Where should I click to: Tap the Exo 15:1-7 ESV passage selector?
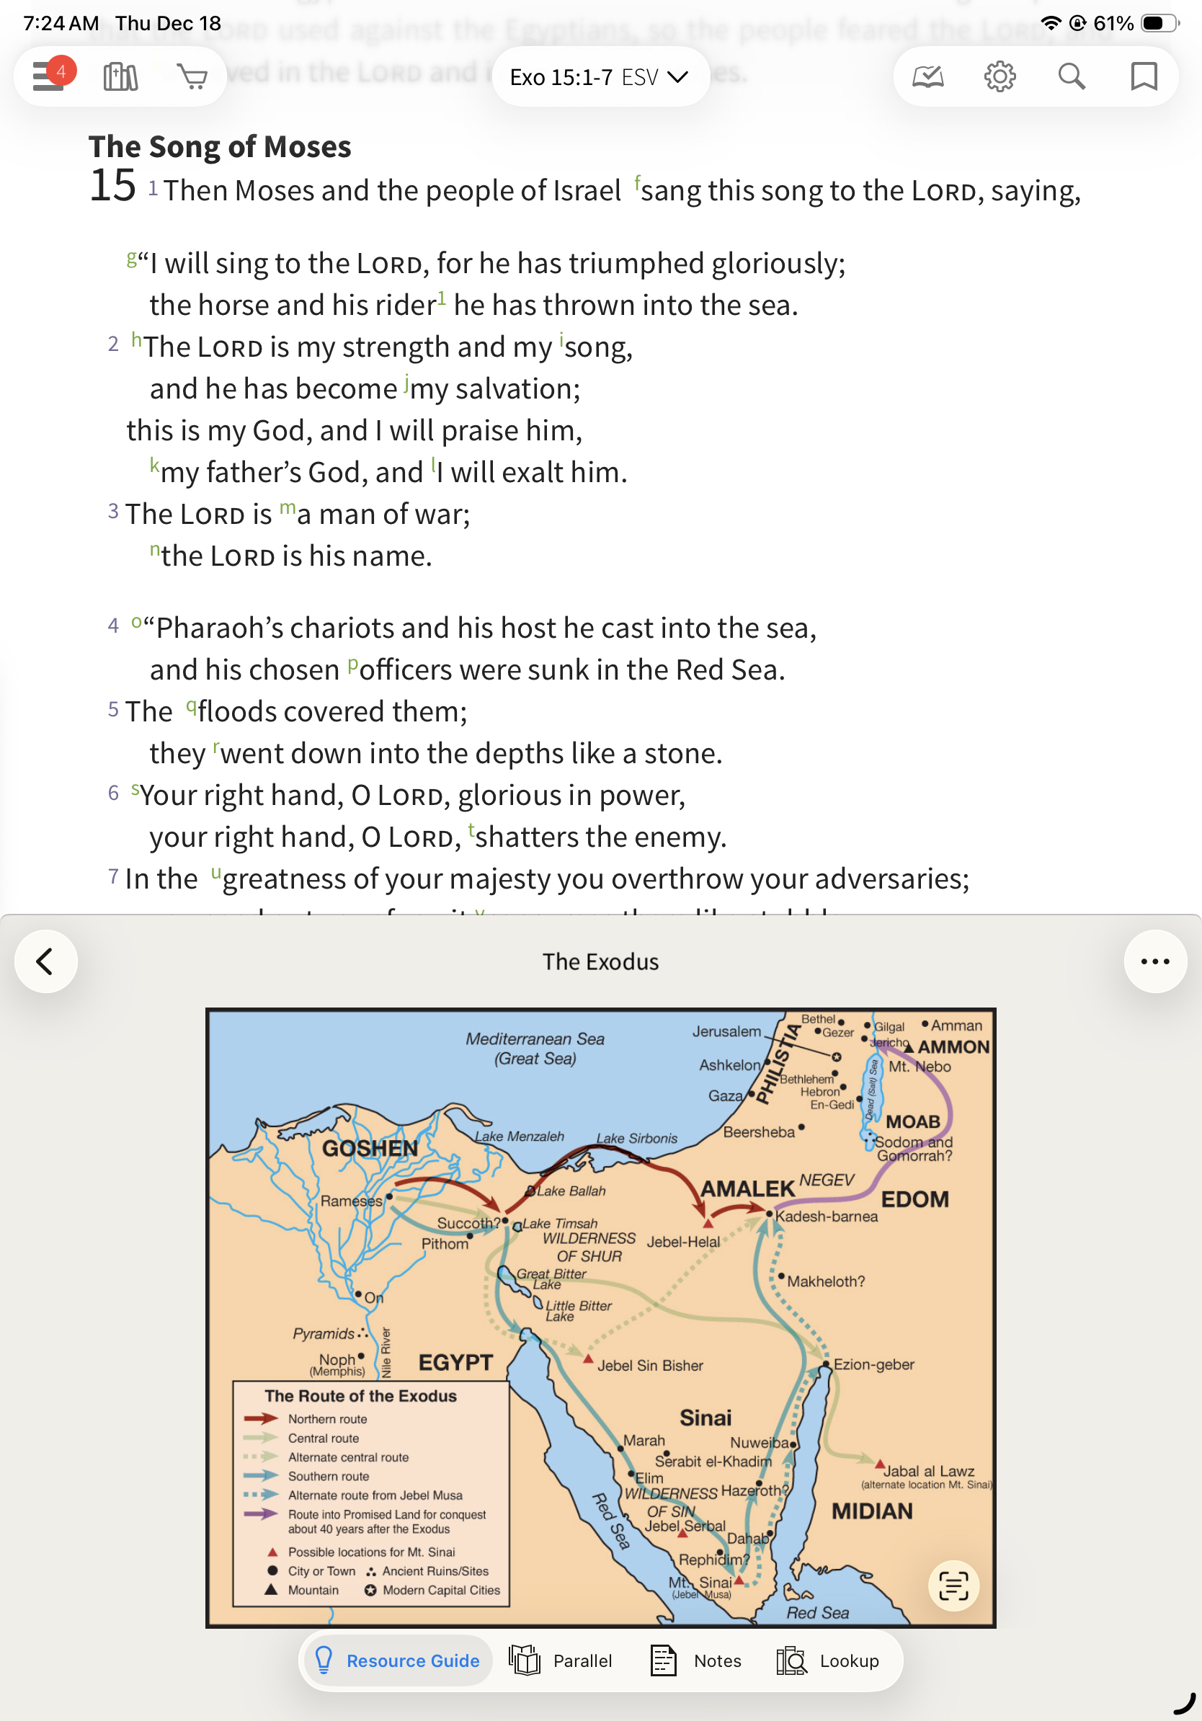(599, 77)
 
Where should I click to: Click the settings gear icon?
(999, 76)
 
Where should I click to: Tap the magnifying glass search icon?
(1071, 76)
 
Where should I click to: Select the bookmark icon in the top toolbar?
(1143, 76)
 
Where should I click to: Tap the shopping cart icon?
(192, 76)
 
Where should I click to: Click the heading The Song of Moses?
(220, 147)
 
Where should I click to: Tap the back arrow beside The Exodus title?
(45, 961)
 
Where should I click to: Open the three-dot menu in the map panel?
(1154, 961)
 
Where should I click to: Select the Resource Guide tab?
(398, 1661)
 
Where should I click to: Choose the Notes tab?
(696, 1661)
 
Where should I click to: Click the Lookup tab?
(828, 1661)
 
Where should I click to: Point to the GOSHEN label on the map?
(370, 1148)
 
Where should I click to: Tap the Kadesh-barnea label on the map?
(826, 1217)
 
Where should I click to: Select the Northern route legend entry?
(327, 1419)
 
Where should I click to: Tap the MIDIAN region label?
(871, 1511)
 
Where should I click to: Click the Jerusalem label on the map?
(726, 1031)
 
